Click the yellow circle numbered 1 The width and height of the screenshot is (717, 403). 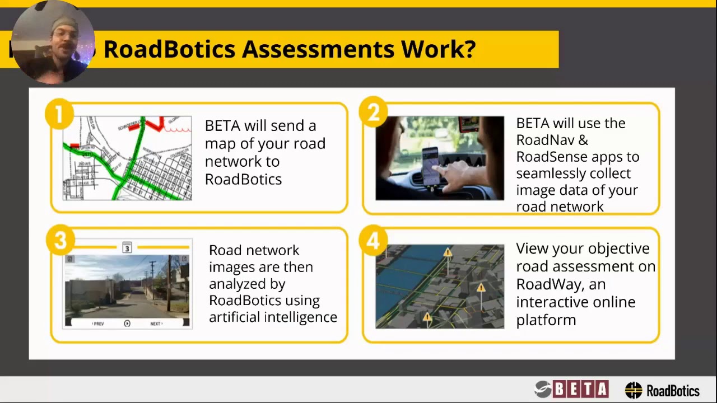pyautogui.click(x=59, y=115)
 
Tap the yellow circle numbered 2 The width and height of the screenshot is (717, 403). pyautogui.click(x=374, y=114)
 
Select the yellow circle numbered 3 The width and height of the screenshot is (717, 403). pyautogui.click(x=60, y=241)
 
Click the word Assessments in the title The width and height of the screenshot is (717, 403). pyautogui.click(x=318, y=49)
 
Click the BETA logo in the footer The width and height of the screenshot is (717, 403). pyautogui.click(x=571, y=389)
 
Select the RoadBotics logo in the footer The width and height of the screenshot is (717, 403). pyautogui.click(x=662, y=390)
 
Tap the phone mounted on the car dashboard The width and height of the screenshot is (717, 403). pyautogui.click(x=430, y=166)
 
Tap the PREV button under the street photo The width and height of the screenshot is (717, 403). pyautogui.click(x=98, y=324)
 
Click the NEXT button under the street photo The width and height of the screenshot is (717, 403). pyautogui.click(x=156, y=324)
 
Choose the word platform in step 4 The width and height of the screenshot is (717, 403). pyautogui.click(x=546, y=320)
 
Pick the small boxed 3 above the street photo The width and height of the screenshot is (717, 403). pyautogui.click(x=127, y=248)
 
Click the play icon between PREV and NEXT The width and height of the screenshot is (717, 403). pyautogui.click(x=127, y=324)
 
